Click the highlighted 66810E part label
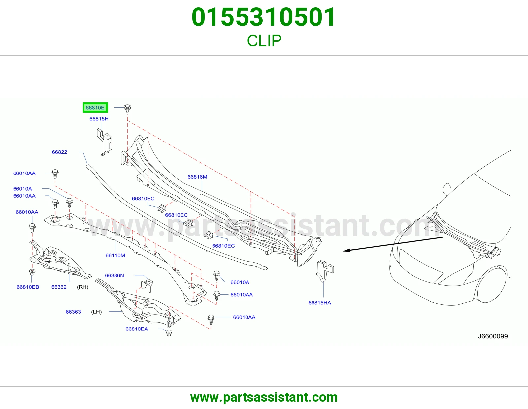[x=95, y=108]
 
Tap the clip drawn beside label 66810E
[x=128, y=108]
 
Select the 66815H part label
[x=99, y=119]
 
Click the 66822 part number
[x=59, y=152]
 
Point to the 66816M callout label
[x=197, y=177]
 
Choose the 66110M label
[x=115, y=255]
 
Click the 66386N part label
[x=115, y=275]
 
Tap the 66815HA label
[x=319, y=303]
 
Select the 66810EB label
[x=28, y=287]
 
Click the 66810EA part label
[x=137, y=329]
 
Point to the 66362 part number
[x=59, y=287]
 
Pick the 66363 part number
[x=73, y=312]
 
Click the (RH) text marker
[x=82, y=287]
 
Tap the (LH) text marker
[x=96, y=312]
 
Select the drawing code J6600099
[x=493, y=336]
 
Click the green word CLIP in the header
[x=264, y=41]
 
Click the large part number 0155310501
[x=264, y=17]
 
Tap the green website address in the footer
[x=264, y=397]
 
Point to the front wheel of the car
[x=492, y=284]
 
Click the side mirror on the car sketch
[x=447, y=189]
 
